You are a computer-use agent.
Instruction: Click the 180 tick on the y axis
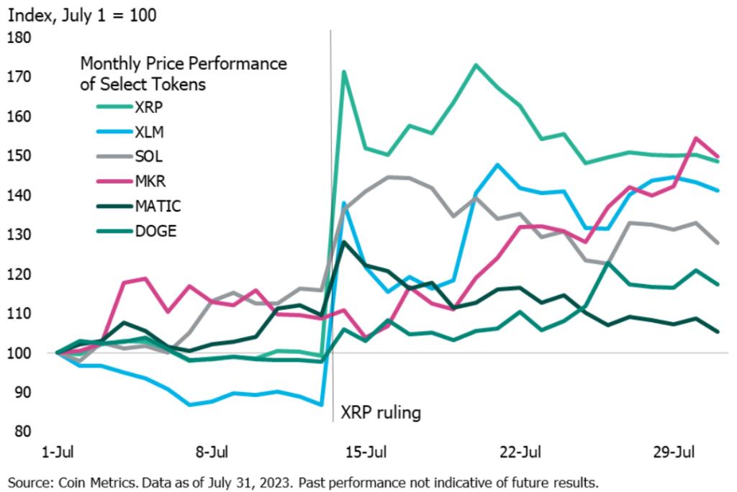(x=19, y=37)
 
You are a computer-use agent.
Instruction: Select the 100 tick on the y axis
(x=19, y=353)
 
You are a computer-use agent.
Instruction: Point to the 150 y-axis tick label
(x=19, y=156)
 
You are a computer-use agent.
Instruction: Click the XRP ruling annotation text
(x=379, y=414)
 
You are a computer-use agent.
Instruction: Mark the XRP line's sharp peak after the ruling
(x=345, y=71)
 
